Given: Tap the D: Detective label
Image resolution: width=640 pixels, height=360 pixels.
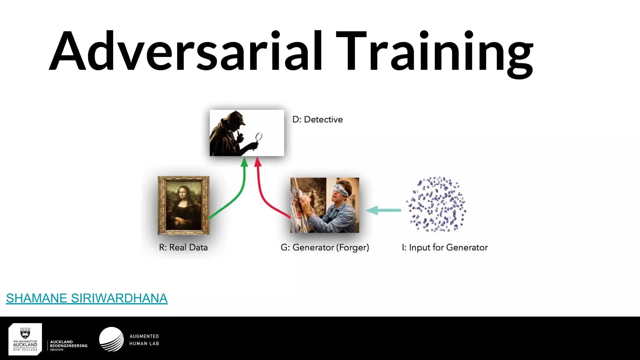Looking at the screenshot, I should tap(317, 120).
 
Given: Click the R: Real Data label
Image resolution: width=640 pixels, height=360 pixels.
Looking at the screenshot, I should tap(183, 247).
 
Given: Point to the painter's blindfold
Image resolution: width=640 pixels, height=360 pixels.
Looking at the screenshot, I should tap(341, 190).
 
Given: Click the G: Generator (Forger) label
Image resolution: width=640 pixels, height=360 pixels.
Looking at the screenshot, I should tap(325, 247).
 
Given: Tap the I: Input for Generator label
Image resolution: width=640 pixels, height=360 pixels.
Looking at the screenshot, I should tap(445, 247).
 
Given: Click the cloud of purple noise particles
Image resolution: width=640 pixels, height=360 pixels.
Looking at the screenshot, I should tap(436, 205).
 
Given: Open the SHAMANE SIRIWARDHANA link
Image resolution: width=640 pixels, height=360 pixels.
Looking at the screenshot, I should tap(87, 298).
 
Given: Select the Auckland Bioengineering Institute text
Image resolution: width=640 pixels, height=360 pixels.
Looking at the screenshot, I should tap(68, 346).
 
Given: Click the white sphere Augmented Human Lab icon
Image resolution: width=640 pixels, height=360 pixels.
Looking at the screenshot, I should tap(112, 339).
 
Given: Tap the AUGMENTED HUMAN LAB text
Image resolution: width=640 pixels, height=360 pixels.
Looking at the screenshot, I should tap(144, 340).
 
